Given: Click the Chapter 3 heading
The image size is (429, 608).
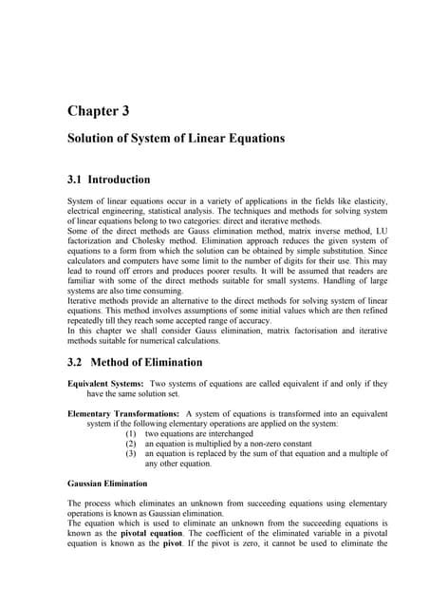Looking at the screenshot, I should click(99, 111).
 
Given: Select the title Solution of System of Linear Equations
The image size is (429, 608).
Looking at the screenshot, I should click(176, 139).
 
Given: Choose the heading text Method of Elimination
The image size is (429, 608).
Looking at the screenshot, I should click(150, 361).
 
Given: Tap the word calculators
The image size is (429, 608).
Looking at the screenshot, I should click(87, 262).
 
